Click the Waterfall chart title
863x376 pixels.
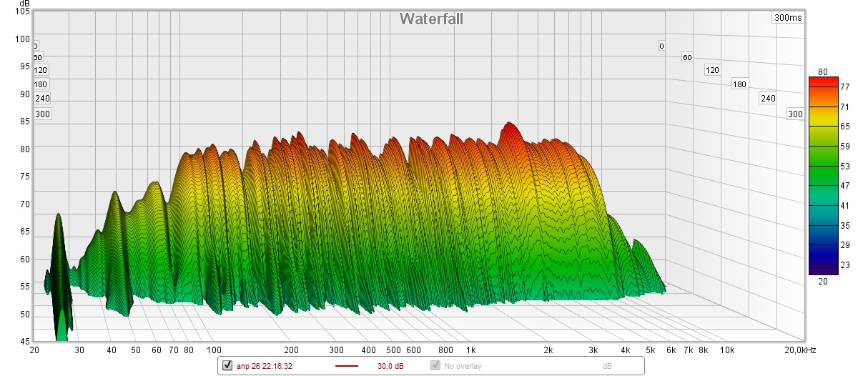point(431,19)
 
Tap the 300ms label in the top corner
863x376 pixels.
point(787,18)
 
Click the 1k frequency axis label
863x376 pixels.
point(470,350)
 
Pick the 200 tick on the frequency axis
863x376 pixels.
point(291,350)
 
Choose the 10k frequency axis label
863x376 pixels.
point(727,350)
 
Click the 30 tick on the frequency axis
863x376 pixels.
point(79,350)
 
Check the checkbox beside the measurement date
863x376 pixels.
point(227,366)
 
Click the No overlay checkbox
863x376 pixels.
point(435,366)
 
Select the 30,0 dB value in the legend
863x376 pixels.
point(390,366)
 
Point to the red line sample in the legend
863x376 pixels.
point(347,366)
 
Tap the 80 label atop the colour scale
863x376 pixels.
point(822,71)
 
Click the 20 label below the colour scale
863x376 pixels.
point(822,281)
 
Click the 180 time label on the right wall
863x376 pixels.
point(739,84)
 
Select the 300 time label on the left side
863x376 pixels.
point(43,114)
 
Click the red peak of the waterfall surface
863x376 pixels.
point(509,129)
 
